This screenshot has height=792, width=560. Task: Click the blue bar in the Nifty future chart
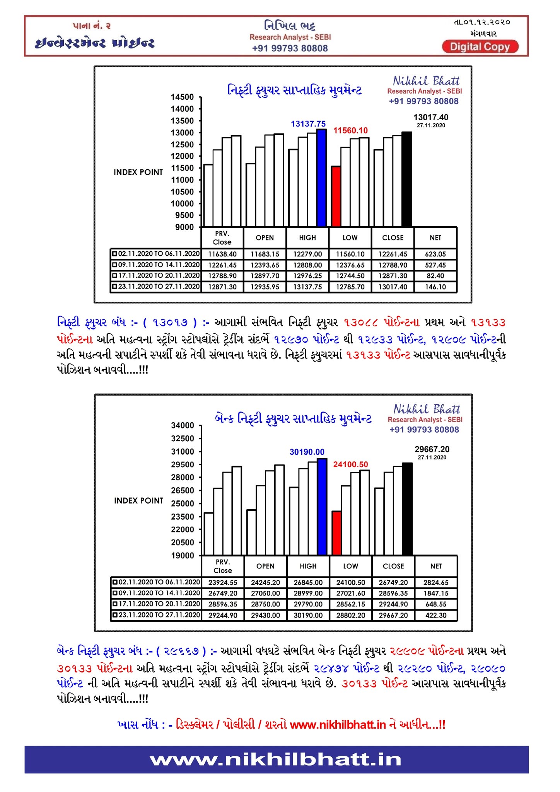pyautogui.click(x=321, y=178)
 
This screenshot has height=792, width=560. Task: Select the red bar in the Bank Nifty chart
pyautogui.click(x=337, y=533)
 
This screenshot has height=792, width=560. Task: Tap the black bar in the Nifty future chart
pyautogui.click(x=406, y=179)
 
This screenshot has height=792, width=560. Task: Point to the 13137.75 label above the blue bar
pyautogui.click(x=308, y=124)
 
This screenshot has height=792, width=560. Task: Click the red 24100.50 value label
pyautogui.click(x=350, y=464)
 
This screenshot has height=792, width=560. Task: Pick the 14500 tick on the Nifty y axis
pyautogui.click(x=183, y=97)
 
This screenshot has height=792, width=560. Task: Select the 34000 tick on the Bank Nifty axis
pyautogui.click(x=183, y=425)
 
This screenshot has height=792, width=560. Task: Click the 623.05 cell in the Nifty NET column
pyautogui.click(x=435, y=254)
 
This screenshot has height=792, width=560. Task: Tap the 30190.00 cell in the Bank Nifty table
pyautogui.click(x=308, y=615)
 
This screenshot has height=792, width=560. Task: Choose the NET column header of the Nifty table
pyautogui.click(x=435, y=238)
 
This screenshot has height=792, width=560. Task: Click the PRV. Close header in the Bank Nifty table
pyautogui.click(x=223, y=566)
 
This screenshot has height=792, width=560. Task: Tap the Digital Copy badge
pyautogui.click(x=480, y=47)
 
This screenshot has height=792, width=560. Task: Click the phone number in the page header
pyautogui.click(x=290, y=48)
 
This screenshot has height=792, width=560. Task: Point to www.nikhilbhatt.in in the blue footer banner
pyautogui.click(x=276, y=760)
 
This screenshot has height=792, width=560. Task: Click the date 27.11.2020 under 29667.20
pyautogui.click(x=432, y=457)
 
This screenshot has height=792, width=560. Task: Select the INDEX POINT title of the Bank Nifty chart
pyautogui.click(x=138, y=500)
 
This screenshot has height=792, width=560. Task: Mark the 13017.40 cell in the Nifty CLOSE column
pyautogui.click(x=393, y=287)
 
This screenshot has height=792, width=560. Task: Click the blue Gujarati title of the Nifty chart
pyautogui.click(x=295, y=90)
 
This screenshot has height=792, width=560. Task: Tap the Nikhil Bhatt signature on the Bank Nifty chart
pyautogui.click(x=427, y=409)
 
